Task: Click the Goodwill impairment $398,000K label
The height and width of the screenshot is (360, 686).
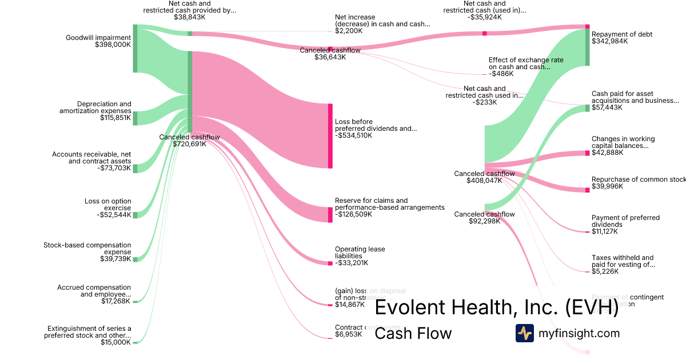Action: [98, 41]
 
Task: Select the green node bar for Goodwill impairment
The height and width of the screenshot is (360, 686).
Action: [135, 49]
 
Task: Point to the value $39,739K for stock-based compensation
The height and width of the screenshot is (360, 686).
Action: [115, 259]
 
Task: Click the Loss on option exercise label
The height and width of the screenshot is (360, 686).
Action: [107, 205]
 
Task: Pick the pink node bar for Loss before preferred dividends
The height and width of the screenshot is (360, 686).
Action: [330, 136]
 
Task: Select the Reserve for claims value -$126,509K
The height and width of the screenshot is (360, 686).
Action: [353, 214]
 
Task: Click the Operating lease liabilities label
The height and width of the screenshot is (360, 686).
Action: [360, 253]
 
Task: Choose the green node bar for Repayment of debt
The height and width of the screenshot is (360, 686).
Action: [587, 47]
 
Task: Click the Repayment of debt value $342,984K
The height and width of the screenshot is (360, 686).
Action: [609, 41]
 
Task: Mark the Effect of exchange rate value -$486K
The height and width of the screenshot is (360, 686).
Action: [501, 74]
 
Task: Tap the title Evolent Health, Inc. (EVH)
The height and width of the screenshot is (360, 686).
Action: [496, 308]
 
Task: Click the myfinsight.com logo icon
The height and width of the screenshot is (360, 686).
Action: [524, 333]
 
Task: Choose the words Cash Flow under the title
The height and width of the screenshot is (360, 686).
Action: [413, 333]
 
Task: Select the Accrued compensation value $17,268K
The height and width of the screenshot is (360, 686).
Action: [115, 301]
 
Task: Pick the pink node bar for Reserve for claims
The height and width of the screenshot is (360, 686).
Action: [330, 214]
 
